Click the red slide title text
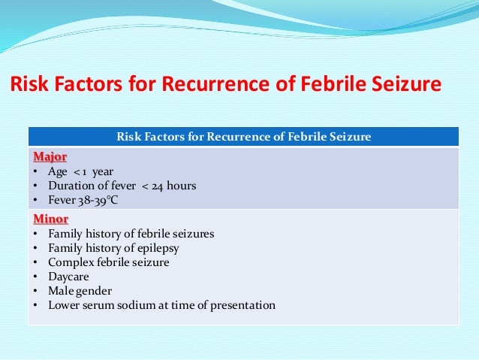[224, 86]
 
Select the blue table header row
[243, 136]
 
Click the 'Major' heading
[49, 157]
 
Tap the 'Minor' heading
[50, 219]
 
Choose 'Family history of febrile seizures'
[131, 234]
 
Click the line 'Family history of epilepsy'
[113, 248]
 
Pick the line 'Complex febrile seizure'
[108, 262]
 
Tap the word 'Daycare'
[69, 277]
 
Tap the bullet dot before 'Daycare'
[38, 277]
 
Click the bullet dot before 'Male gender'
[38, 291]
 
